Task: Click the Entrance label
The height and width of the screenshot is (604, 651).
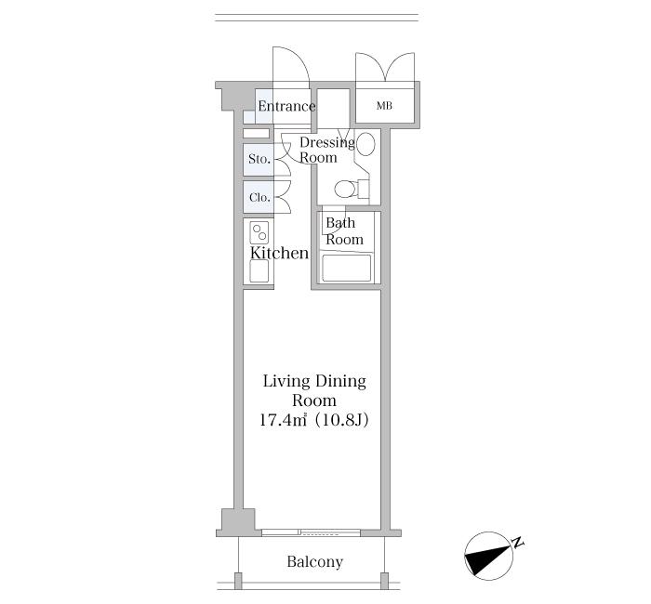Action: click(x=286, y=106)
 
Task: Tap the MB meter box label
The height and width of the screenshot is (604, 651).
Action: click(x=384, y=106)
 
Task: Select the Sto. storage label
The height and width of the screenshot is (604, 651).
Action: click(x=259, y=159)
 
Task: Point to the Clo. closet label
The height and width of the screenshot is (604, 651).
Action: click(x=259, y=197)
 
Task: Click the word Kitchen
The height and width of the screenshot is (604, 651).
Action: click(x=279, y=253)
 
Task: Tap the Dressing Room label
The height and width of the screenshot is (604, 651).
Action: click(x=327, y=150)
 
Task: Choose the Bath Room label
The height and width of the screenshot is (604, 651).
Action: click(x=344, y=231)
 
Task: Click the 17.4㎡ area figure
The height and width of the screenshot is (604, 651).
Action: click(x=283, y=420)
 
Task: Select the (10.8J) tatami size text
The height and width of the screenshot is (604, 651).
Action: click(x=341, y=420)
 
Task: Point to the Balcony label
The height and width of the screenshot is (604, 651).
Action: click(x=315, y=561)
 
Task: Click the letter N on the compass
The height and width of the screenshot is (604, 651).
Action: click(x=517, y=543)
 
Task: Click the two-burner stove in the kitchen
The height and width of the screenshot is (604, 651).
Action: click(x=259, y=232)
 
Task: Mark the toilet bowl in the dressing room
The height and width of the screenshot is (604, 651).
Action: click(x=345, y=190)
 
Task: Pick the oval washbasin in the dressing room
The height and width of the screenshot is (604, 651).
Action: click(x=365, y=144)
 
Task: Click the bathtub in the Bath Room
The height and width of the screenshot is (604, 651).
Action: click(x=347, y=268)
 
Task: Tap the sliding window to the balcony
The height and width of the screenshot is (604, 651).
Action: click(x=311, y=532)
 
